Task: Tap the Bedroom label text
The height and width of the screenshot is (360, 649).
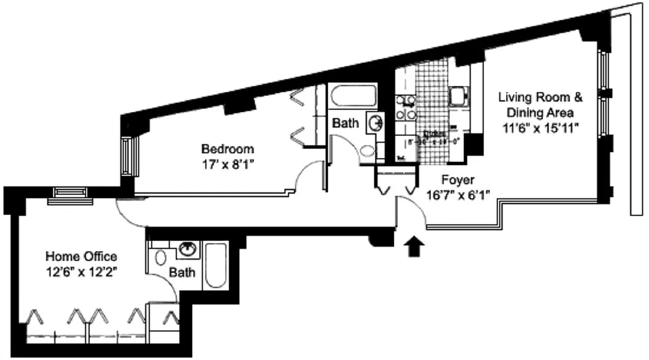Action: (227, 149)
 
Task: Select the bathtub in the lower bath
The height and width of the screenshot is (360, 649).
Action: (216, 266)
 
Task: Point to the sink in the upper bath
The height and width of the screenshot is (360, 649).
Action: (374, 123)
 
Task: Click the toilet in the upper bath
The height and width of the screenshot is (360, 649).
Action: (368, 152)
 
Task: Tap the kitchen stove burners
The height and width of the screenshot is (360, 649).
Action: (405, 107)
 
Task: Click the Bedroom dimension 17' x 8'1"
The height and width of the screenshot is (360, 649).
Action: (227, 164)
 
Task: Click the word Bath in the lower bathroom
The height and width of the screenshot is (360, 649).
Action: (182, 272)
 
